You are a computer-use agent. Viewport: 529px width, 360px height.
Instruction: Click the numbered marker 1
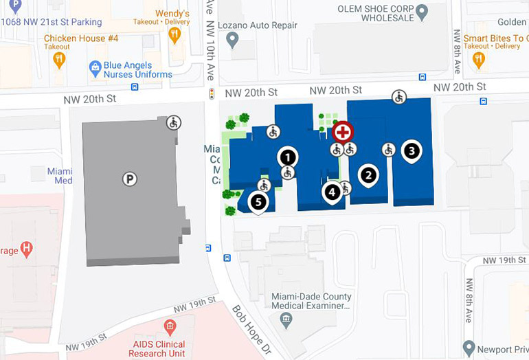click(x=288, y=157)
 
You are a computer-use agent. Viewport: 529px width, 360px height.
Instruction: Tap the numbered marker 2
click(x=369, y=175)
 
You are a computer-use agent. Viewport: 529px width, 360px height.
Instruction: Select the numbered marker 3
click(x=411, y=150)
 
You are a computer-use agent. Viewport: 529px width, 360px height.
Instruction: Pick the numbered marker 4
click(x=333, y=192)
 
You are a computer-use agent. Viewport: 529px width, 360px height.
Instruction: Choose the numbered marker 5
click(x=258, y=202)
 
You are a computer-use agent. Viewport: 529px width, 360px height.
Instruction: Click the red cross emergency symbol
click(x=343, y=132)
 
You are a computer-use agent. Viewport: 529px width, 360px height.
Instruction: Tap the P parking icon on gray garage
click(x=129, y=179)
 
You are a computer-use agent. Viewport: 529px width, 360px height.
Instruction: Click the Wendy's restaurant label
click(x=172, y=14)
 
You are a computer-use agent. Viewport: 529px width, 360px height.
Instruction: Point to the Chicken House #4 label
click(x=81, y=38)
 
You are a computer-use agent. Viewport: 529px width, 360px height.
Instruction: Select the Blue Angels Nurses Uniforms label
click(x=138, y=70)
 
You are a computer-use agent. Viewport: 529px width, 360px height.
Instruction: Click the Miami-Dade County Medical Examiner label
click(x=311, y=302)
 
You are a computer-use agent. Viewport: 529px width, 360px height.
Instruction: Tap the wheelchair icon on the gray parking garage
click(x=174, y=123)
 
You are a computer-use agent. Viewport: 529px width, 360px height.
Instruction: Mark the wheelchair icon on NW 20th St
click(x=398, y=97)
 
